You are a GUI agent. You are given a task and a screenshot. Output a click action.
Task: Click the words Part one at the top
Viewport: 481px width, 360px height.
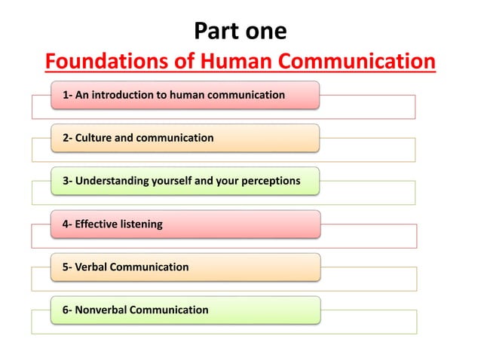tap(240, 32)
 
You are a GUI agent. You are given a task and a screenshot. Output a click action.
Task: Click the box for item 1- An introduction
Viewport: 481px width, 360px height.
tap(185, 95)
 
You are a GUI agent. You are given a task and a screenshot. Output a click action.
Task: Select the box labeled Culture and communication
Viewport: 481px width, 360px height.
tap(185, 138)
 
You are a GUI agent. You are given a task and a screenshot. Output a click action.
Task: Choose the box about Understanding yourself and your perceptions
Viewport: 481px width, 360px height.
tap(185, 181)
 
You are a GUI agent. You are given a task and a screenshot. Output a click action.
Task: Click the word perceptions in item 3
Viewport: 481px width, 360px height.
tap(270, 181)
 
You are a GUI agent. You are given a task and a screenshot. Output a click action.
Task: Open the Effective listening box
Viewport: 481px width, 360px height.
tap(185, 224)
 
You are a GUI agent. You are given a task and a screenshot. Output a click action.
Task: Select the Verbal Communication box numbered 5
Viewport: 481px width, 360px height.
tap(185, 267)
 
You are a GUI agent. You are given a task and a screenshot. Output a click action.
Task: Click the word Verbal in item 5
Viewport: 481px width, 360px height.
tap(92, 267)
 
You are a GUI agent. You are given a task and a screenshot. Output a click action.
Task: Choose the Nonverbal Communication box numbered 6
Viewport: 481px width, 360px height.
tap(185, 310)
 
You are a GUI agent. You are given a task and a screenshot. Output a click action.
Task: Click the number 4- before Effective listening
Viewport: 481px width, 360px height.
tap(67, 224)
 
